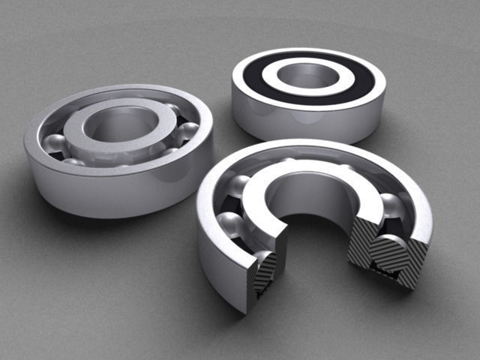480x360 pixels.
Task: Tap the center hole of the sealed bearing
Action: [308, 74]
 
